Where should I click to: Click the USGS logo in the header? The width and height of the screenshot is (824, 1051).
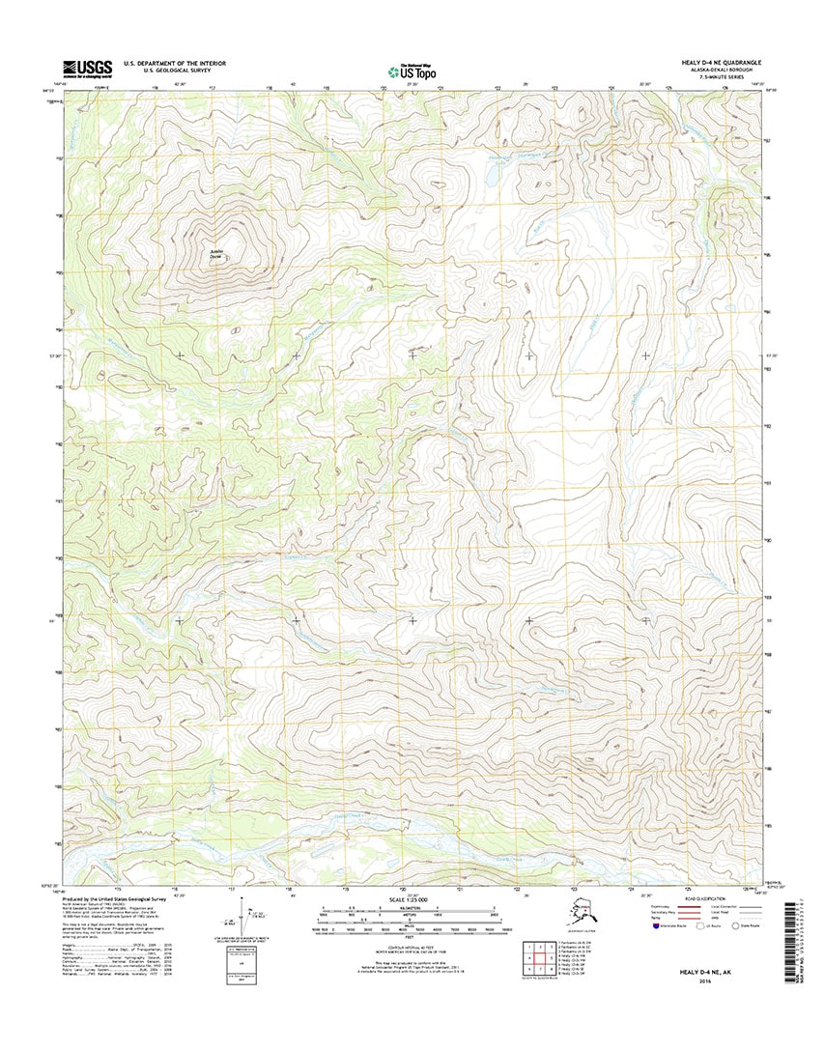click(x=87, y=67)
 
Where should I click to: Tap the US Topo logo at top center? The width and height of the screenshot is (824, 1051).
click(x=412, y=70)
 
